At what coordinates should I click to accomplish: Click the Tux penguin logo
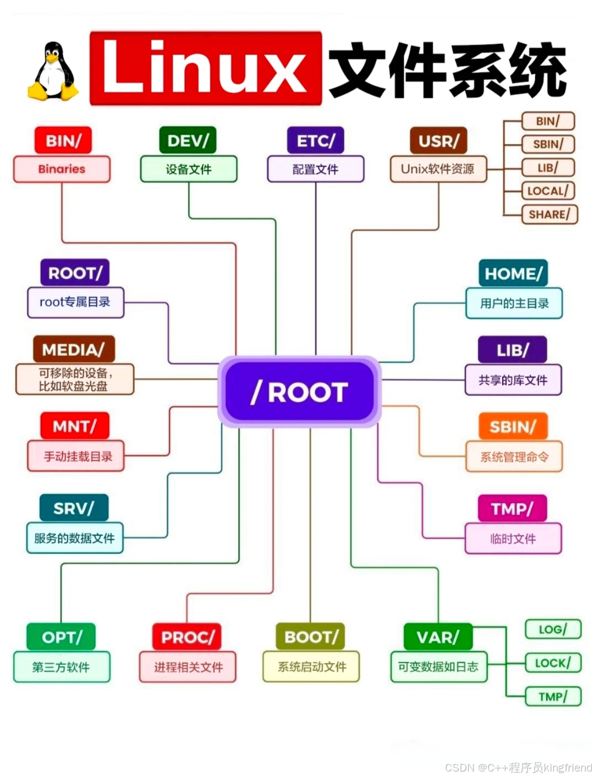coord(53,71)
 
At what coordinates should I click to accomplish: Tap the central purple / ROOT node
coord(300,392)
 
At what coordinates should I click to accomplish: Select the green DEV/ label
coord(188,141)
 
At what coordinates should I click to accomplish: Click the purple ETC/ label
coord(315,141)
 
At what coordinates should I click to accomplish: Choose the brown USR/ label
coord(438,141)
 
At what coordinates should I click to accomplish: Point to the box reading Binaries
coord(62,169)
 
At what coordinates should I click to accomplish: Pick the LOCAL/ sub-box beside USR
coord(548,191)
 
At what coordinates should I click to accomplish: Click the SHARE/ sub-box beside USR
coord(549,214)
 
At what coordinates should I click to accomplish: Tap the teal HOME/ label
coord(513,273)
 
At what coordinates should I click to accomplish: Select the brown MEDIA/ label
coord(74,350)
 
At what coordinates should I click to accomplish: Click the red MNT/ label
coord(75,426)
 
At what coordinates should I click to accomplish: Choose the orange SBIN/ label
coord(513,427)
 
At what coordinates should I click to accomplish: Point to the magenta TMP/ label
coord(512,509)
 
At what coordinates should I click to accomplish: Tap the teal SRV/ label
coord(74,508)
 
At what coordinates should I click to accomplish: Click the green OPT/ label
coord(61,637)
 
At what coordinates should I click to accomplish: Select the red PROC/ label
coord(187,637)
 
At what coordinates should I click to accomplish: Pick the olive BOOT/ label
coord(311,637)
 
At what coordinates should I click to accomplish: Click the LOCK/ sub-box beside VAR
coord(553,663)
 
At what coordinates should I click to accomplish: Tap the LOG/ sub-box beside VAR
coord(553,629)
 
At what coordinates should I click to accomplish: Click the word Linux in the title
coord(205,68)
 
